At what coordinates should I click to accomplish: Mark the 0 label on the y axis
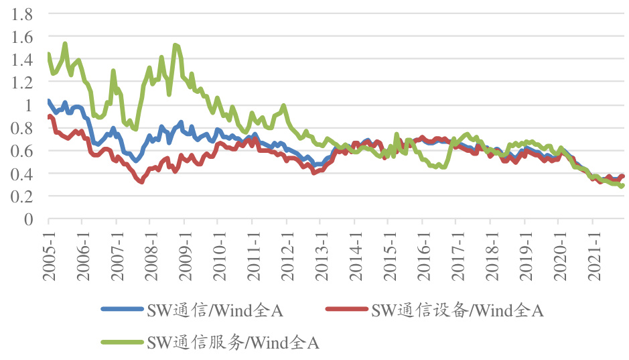click(28, 219)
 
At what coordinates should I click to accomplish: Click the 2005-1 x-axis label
click(49, 247)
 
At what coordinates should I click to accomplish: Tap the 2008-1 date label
click(151, 247)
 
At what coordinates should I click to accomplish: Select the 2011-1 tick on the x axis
click(253, 247)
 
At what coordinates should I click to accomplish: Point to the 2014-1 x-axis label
click(354, 247)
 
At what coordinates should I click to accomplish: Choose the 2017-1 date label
click(456, 247)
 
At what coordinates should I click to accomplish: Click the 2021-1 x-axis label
click(592, 247)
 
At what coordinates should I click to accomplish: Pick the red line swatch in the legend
click(346, 309)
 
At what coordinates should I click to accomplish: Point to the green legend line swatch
click(123, 343)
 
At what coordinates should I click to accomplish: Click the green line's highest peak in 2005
click(65, 44)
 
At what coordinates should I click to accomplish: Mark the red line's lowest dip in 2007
click(141, 182)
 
